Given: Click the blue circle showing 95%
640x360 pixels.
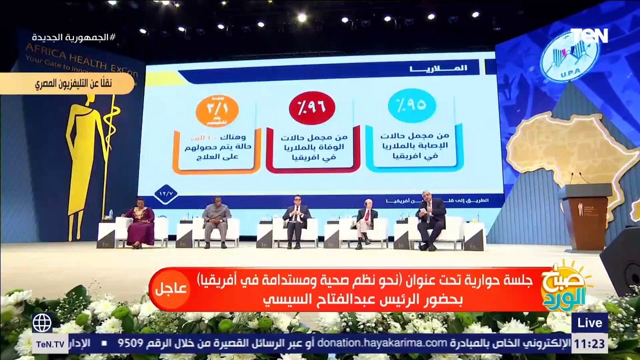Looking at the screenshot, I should [411, 105].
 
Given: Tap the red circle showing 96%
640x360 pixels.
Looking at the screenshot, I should [312, 107].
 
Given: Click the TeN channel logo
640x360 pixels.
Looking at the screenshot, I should [589, 35].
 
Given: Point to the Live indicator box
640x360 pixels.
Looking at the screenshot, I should [589, 323].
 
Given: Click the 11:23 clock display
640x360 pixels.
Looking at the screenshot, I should [589, 343].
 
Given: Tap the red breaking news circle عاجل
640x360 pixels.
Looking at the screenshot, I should [170, 289].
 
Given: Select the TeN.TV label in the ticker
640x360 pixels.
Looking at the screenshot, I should [50, 343].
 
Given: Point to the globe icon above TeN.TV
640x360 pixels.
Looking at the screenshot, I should [42, 323].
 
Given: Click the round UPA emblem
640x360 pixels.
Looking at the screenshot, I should [569, 55].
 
